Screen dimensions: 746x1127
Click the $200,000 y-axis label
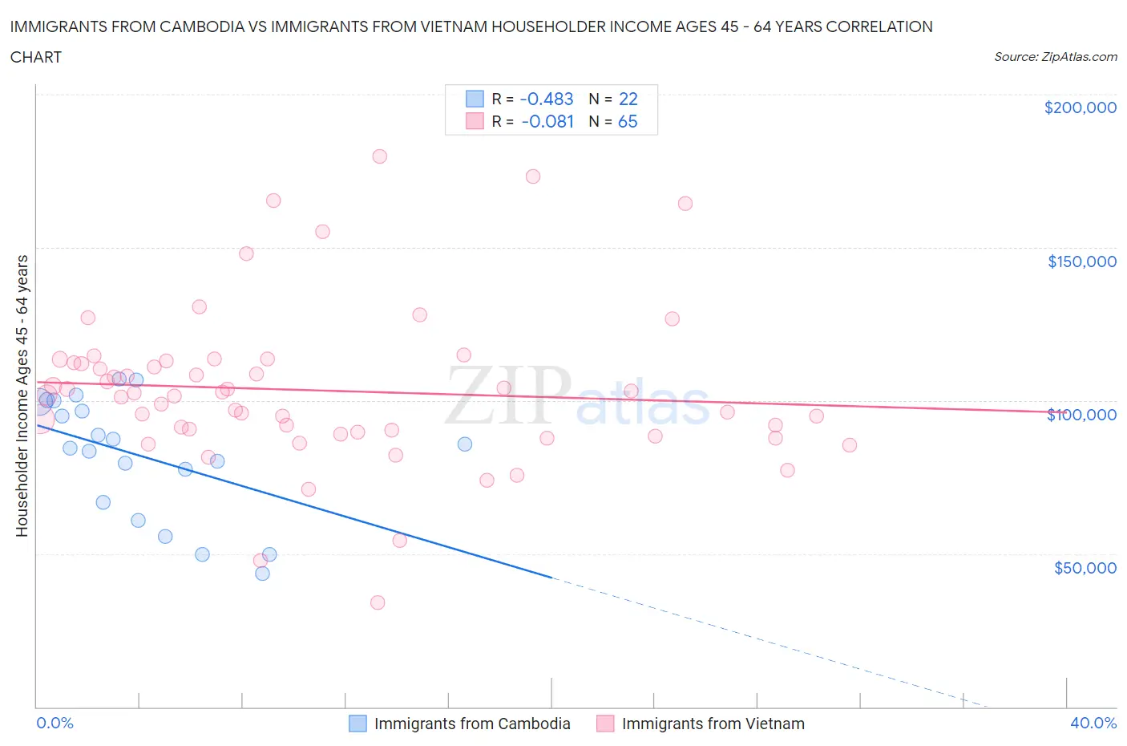pyautogui.click(x=1080, y=107)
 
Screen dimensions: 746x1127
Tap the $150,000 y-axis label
pyautogui.click(x=1081, y=262)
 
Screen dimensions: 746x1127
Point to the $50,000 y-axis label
pyautogui.click(x=1085, y=568)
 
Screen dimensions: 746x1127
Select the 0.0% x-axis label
pyautogui.click(x=55, y=723)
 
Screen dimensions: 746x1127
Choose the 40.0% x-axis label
pyautogui.click(x=1093, y=723)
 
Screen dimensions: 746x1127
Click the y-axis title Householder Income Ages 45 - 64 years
pyautogui.click(x=22, y=395)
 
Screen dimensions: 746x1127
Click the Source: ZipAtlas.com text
pyautogui.click(x=1055, y=57)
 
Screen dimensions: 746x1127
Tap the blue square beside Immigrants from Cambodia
pyautogui.click(x=357, y=724)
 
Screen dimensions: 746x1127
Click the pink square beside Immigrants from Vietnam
pyautogui.click(x=605, y=724)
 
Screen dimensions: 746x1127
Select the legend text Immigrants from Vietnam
pyautogui.click(x=713, y=724)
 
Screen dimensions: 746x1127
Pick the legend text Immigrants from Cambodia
pyautogui.click(x=472, y=724)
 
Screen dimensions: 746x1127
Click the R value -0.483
pyautogui.click(x=547, y=99)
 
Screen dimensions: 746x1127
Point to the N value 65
pyautogui.click(x=628, y=121)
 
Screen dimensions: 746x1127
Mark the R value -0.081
pyautogui.click(x=547, y=121)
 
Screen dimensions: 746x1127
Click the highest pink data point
pyautogui.click(x=380, y=156)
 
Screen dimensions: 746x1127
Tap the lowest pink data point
pyautogui.click(x=378, y=602)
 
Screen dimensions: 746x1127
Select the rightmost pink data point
pyautogui.click(x=850, y=445)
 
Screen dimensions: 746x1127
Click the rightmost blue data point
pyautogui.click(x=465, y=444)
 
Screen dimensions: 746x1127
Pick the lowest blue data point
pyautogui.click(x=262, y=574)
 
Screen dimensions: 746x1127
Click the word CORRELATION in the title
pyautogui.click(x=879, y=26)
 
